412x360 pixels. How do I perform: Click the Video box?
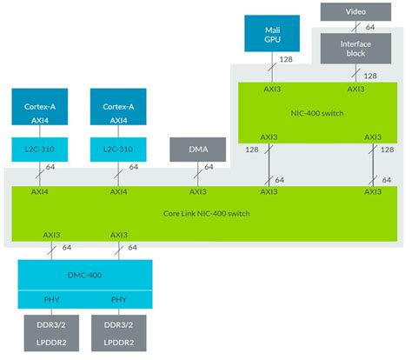(x=356, y=11)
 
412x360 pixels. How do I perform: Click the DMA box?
(x=198, y=149)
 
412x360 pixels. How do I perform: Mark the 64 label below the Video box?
(x=369, y=26)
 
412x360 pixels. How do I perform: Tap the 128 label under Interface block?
(x=369, y=76)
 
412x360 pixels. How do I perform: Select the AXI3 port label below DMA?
(x=197, y=192)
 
